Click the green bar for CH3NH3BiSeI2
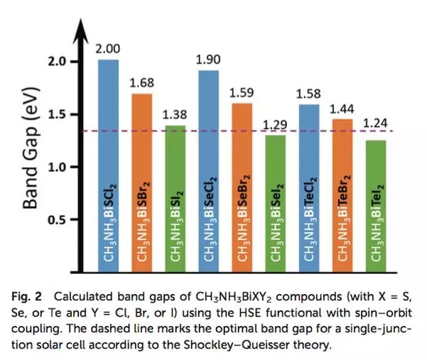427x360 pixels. (x=275, y=202)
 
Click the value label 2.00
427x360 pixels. (x=108, y=49)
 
